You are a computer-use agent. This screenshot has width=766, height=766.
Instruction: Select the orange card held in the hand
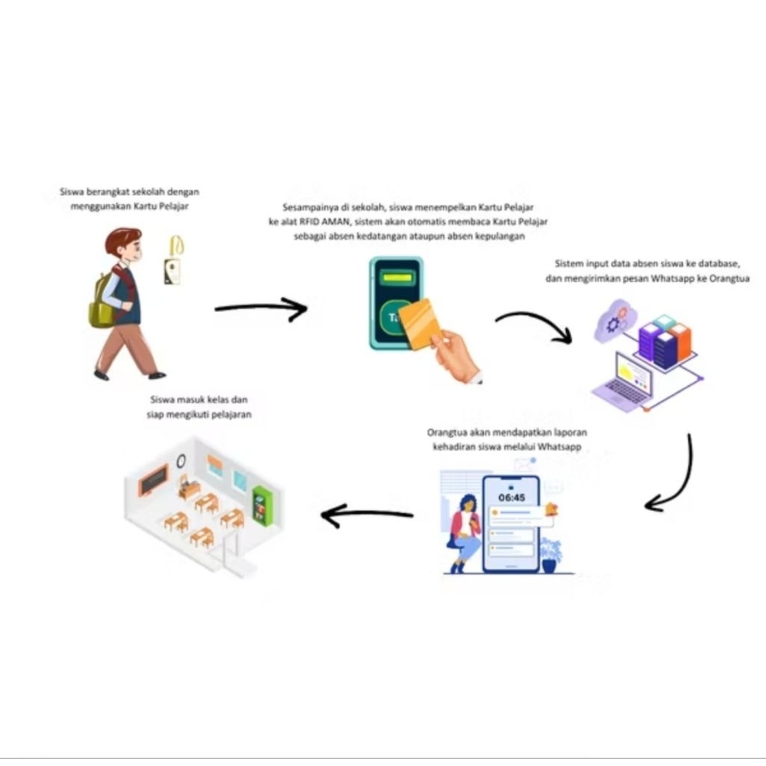417,323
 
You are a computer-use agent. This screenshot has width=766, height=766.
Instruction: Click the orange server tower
681,343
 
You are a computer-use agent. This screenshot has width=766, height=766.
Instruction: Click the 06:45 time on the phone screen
512,497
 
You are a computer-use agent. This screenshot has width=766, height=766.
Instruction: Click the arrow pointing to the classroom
367,515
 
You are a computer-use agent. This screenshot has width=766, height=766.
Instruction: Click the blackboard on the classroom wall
153,479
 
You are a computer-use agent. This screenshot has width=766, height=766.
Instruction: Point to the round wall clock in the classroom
181,461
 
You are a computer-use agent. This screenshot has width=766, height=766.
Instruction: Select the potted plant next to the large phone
551,555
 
